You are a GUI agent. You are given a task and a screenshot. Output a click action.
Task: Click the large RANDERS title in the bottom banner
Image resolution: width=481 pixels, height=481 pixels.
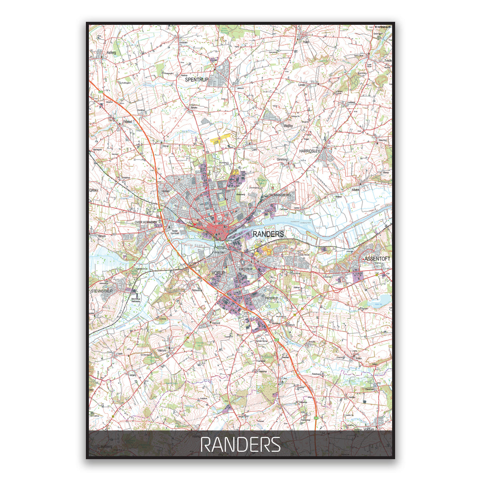click(x=240, y=445)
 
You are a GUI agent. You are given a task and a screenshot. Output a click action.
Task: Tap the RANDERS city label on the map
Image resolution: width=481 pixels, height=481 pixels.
click(x=268, y=234)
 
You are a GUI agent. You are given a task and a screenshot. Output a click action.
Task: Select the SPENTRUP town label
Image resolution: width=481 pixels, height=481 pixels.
click(x=196, y=80)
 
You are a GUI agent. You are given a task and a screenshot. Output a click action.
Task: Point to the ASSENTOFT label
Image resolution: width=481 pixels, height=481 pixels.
click(x=377, y=259)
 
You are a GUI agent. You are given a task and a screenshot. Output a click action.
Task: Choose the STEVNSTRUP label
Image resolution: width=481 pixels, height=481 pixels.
click(x=102, y=291)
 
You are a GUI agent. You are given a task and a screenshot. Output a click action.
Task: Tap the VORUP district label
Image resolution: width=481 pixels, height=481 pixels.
click(x=218, y=273)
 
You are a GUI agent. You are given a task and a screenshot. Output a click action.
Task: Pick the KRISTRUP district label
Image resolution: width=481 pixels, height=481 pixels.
click(x=246, y=269)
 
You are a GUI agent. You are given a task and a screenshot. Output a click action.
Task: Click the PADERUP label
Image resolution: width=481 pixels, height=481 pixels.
click(x=271, y=299)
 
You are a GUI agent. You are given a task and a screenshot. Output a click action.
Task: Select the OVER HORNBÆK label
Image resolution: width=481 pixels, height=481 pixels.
click(x=145, y=222)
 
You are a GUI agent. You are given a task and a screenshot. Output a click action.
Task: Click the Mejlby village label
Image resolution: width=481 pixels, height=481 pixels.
click(x=288, y=126)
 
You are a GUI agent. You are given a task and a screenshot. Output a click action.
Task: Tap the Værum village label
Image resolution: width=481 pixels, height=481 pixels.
click(x=162, y=350)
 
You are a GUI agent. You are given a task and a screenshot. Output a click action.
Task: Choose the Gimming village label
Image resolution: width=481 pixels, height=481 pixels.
click(x=282, y=159)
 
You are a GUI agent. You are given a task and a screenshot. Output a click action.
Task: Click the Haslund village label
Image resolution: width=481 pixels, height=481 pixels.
click(x=216, y=323)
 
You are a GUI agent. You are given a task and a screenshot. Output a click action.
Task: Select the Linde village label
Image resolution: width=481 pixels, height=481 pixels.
click(x=302, y=85)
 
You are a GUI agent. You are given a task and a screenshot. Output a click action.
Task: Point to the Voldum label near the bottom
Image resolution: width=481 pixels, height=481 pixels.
click(x=369, y=429)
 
